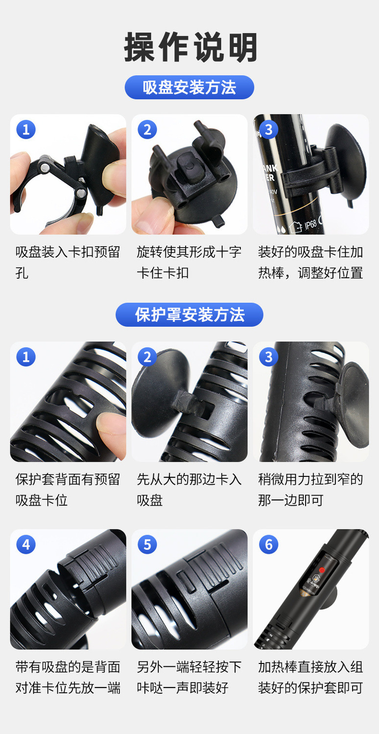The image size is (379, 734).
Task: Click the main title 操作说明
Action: coord(190,47)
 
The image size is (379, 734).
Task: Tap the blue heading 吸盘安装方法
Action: coord(189,88)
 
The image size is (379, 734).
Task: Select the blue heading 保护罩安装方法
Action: coord(189,315)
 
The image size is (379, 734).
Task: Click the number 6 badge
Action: coord(269,545)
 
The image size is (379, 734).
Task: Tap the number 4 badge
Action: coord(26,545)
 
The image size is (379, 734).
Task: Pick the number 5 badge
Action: coord(147,545)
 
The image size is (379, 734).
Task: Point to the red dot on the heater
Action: coord(322,570)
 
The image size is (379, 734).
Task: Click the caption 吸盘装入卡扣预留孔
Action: coord(68,262)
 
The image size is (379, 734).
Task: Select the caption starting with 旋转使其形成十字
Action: coord(189,262)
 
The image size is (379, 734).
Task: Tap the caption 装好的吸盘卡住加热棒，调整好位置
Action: coord(310,262)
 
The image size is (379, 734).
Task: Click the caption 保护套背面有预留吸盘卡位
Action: coord(68,490)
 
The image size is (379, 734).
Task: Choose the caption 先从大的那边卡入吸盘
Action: coord(189,490)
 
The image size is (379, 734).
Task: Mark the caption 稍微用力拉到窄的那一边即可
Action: coord(310,490)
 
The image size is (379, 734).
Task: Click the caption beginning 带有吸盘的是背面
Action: coord(68,677)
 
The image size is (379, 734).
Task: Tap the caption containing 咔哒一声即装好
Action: coord(189,677)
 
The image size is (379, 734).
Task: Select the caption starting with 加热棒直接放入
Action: coord(310,677)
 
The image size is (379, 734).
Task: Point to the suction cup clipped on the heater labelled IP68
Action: coord(345,164)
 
